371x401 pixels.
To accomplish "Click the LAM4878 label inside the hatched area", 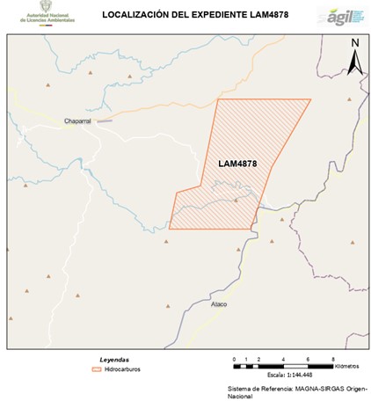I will tap(236, 164).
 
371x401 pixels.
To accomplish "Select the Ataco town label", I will tap(219, 304).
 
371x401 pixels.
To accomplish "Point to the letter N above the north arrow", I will tap(354, 43).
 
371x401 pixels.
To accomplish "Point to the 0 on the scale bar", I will tap(234, 360).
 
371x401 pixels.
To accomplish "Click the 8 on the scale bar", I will tap(333, 360).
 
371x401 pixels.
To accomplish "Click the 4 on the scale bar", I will tap(284, 360).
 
